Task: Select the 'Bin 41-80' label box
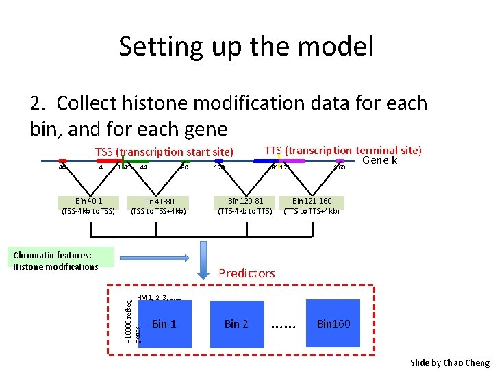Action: click(x=158, y=206)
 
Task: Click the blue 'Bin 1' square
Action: click(x=164, y=323)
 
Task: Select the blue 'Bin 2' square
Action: click(x=236, y=323)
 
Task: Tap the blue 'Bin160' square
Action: click(x=333, y=323)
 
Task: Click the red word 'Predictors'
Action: click(x=246, y=273)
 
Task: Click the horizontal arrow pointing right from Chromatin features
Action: click(x=155, y=258)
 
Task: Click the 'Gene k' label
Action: click(x=379, y=160)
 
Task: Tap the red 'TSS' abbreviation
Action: click(x=104, y=151)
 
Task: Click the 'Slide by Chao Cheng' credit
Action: click(x=449, y=362)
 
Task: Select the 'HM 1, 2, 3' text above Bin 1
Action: click(x=159, y=298)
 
